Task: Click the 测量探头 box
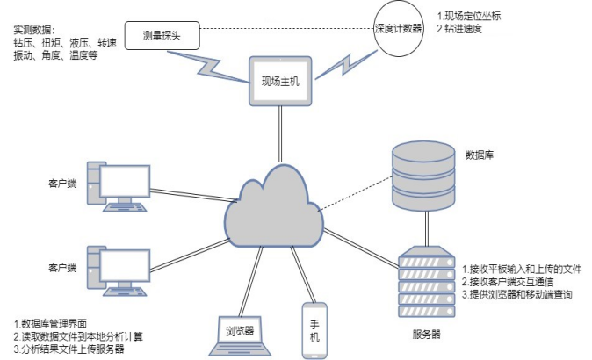162,35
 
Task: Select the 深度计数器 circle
398,29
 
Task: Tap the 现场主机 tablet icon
280,81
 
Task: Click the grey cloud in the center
274,207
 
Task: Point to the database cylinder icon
423,176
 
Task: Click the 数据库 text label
479,155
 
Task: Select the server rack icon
427,282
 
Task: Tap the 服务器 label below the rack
426,334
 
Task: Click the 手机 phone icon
314,330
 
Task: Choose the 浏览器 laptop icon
240,335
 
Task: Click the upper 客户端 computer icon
119,186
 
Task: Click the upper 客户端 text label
62,184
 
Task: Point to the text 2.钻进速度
459,28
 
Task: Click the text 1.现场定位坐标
469,16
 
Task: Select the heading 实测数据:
34,30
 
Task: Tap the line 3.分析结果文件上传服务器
69,349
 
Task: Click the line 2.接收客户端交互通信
508,282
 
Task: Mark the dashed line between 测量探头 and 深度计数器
286,29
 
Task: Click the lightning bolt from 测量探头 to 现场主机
208,67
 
